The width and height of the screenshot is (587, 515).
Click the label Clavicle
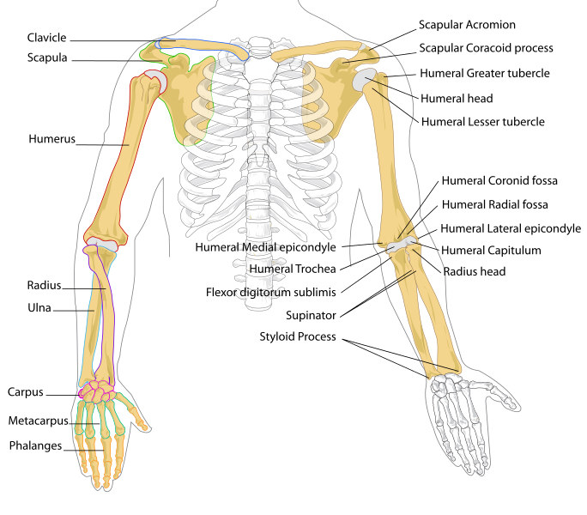pyautogui.click(x=46, y=39)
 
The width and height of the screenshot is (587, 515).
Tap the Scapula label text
pyautogui.click(x=46, y=58)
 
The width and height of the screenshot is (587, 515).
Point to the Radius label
pyautogui.click(x=43, y=287)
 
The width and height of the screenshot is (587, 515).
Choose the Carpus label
pyautogui.click(x=26, y=394)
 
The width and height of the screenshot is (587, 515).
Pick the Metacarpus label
pyautogui.click(x=39, y=421)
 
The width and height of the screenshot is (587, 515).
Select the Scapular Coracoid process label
pyautogui.click(x=486, y=48)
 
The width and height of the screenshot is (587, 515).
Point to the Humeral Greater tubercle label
pyautogui.click(x=485, y=74)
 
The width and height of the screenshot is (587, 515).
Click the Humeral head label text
pyautogui.click(x=457, y=98)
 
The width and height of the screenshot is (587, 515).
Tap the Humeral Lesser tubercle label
pyautogui.click(x=483, y=122)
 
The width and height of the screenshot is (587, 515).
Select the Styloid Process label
pyautogui.click(x=299, y=336)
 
